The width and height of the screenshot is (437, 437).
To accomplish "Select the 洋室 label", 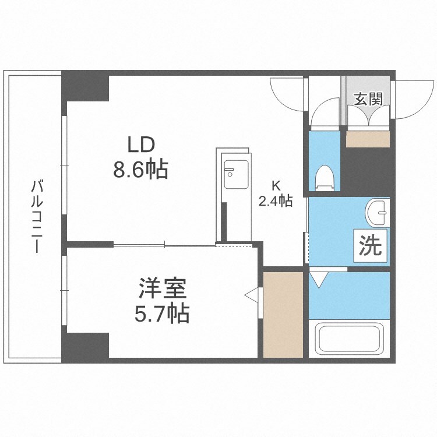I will click(x=162, y=289).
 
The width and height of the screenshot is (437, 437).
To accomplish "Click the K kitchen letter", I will click(x=276, y=186).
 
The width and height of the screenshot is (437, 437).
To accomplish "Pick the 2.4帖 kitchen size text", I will click(x=276, y=201).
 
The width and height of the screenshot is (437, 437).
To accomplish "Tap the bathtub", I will click(x=348, y=339).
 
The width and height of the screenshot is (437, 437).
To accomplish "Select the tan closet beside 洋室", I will click(x=283, y=315).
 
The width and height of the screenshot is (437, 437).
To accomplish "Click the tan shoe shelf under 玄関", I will click(x=368, y=139).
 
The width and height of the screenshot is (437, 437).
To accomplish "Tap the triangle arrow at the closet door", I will click(x=252, y=295).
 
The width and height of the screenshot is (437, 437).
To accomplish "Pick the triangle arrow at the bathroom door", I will click(x=318, y=278).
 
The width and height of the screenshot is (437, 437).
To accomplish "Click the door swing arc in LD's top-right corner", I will click(x=287, y=93).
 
